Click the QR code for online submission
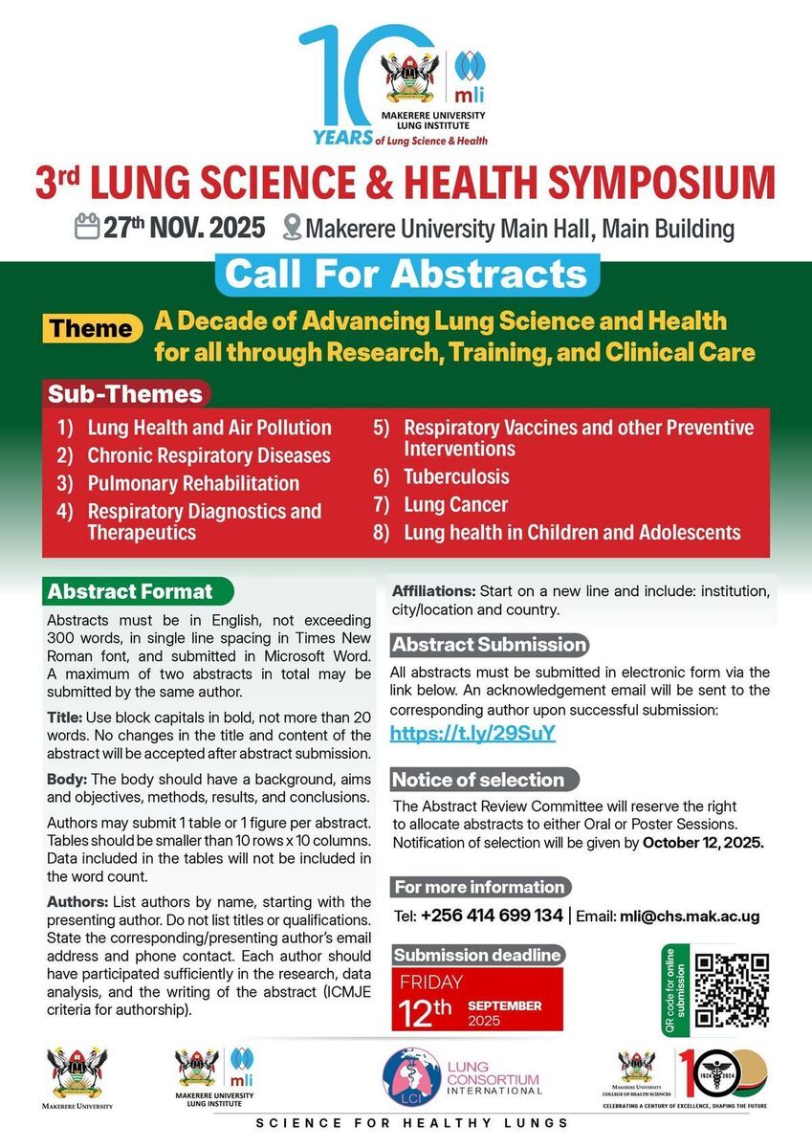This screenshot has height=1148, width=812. [732, 990]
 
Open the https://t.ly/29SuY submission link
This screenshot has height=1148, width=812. [472, 734]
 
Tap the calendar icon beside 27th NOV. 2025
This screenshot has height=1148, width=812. [87, 228]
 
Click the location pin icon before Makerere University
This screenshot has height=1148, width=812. [293, 229]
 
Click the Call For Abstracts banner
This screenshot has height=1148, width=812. [406, 274]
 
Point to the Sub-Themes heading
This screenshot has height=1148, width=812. [125, 393]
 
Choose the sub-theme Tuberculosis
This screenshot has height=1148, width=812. [456, 476]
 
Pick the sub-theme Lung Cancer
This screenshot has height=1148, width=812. [455, 504]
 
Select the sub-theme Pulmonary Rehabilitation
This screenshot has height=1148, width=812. [193, 483]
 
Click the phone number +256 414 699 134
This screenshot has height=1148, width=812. [492, 916]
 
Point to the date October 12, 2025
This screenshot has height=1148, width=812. [702, 843]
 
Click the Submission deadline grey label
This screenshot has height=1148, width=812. [477, 955]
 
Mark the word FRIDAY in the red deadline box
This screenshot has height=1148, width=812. [431, 982]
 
